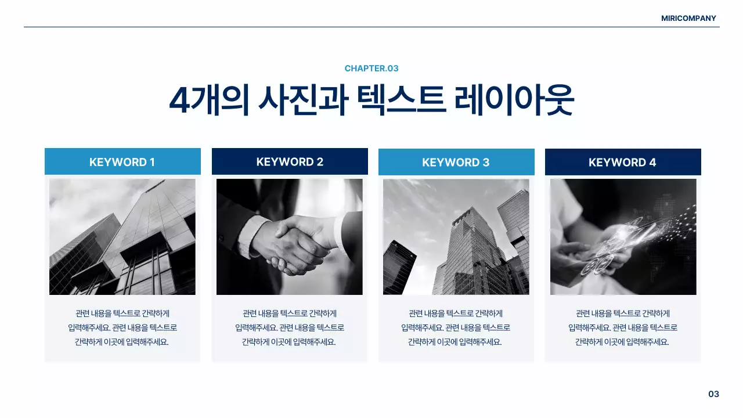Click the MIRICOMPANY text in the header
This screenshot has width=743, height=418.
(688, 18)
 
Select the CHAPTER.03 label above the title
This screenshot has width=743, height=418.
(371, 69)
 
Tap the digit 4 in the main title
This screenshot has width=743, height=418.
(179, 101)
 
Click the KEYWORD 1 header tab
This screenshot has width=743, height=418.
(122, 162)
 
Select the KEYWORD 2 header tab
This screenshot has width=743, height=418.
(290, 161)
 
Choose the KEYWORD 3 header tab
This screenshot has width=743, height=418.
(456, 163)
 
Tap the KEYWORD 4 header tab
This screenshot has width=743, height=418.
(623, 163)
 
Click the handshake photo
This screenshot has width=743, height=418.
(290, 237)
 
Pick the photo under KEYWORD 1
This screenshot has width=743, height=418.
(122, 237)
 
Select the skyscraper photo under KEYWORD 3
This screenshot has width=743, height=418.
(456, 237)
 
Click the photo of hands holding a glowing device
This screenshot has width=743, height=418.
(623, 237)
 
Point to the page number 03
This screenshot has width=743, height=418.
(713, 394)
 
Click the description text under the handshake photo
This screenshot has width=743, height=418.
(290, 327)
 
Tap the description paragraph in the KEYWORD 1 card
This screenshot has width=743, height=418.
(122, 327)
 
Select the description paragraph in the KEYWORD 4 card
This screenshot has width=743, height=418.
(623, 327)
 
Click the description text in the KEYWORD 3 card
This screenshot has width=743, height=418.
(456, 327)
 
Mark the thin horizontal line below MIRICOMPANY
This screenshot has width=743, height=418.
(371, 27)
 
